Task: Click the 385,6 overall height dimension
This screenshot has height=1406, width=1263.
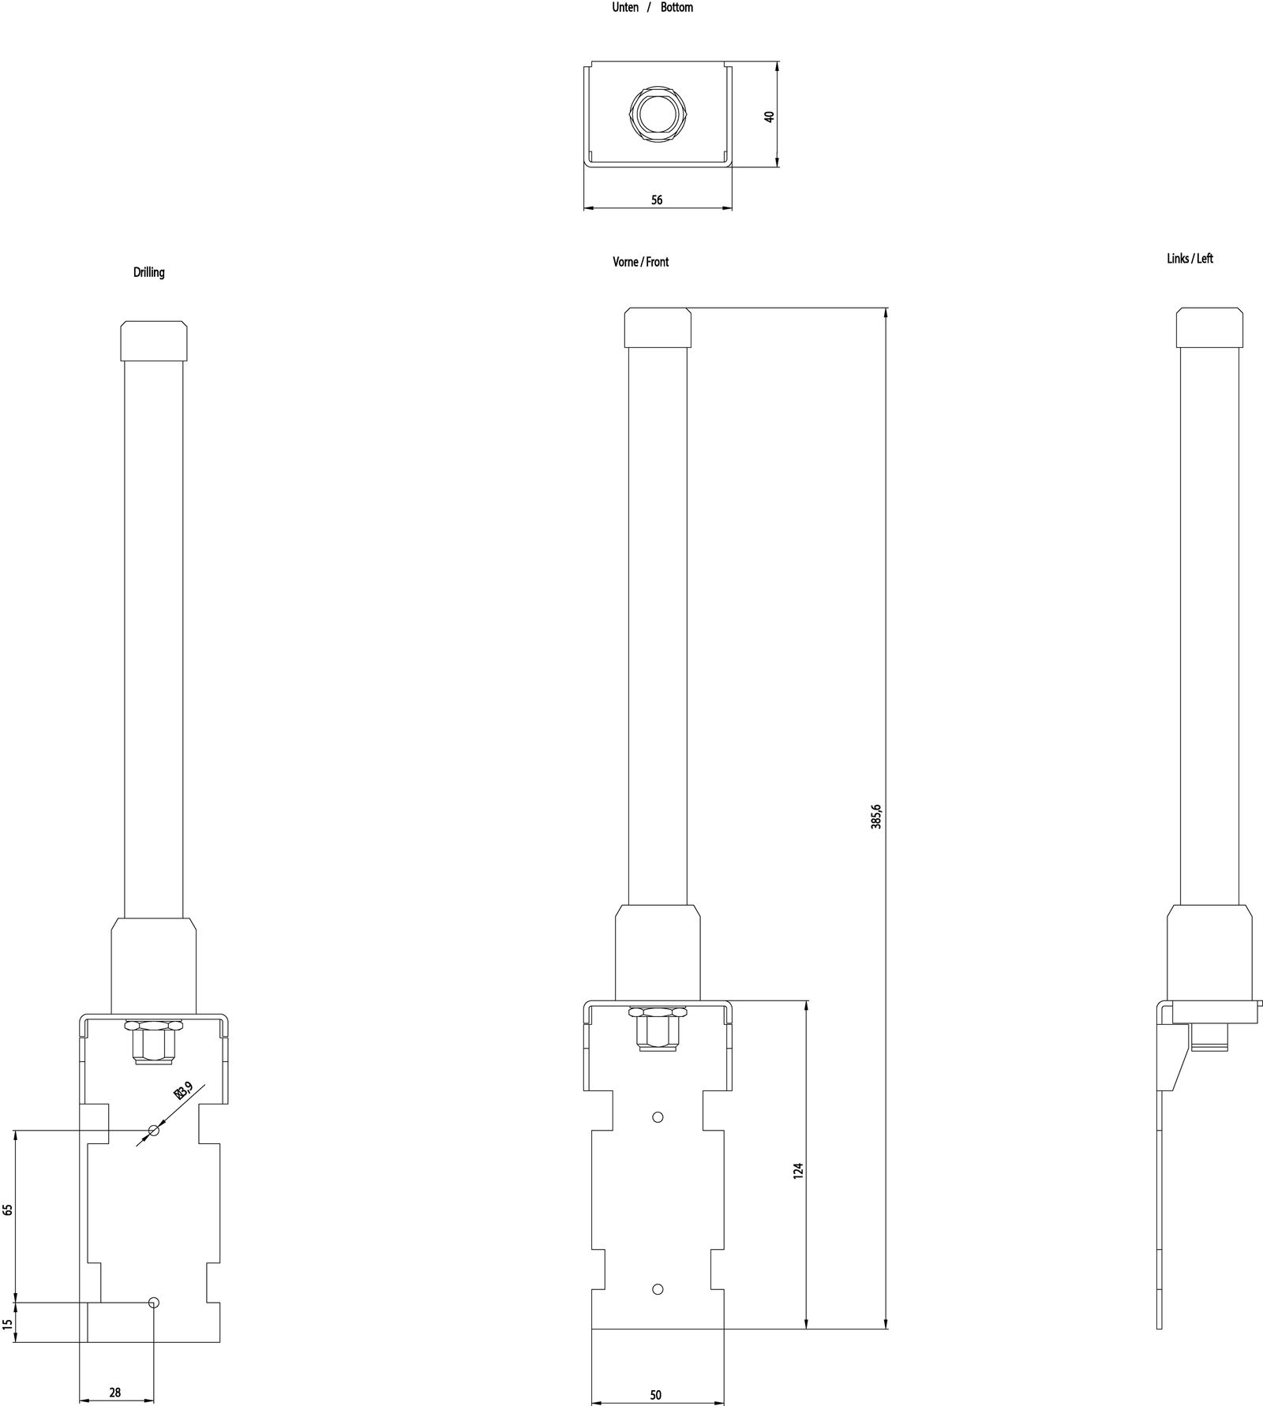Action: click(876, 817)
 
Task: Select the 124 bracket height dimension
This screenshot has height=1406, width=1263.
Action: click(798, 1170)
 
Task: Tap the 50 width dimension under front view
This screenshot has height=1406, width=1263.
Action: click(655, 1395)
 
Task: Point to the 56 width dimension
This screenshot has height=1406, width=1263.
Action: click(657, 200)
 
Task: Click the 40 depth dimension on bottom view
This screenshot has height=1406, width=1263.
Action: click(770, 116)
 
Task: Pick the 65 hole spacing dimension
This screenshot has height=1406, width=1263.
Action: click(8, 1210)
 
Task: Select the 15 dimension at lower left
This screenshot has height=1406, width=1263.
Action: click(8, 1324)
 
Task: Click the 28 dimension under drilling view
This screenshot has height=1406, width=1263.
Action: click(115, 1393)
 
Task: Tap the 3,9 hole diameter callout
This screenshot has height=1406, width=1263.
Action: click(184, 1092)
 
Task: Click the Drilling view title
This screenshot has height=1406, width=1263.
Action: click(148, 272)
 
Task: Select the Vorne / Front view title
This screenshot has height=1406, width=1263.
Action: click(640, 262)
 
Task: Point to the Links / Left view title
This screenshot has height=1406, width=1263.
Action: click(1190, 259)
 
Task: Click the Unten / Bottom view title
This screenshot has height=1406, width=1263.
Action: click(652, 7)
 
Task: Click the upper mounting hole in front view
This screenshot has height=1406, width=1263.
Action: click(658, 1117)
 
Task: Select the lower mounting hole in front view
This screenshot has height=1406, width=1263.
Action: click(658, 1289)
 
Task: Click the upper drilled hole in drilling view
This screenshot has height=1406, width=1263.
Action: click(154, 1131)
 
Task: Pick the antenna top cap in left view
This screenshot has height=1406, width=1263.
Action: click(1210, 327)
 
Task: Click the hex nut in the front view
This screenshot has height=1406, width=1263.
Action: click(658, 1030)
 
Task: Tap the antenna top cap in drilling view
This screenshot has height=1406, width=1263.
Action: click(154, 340)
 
